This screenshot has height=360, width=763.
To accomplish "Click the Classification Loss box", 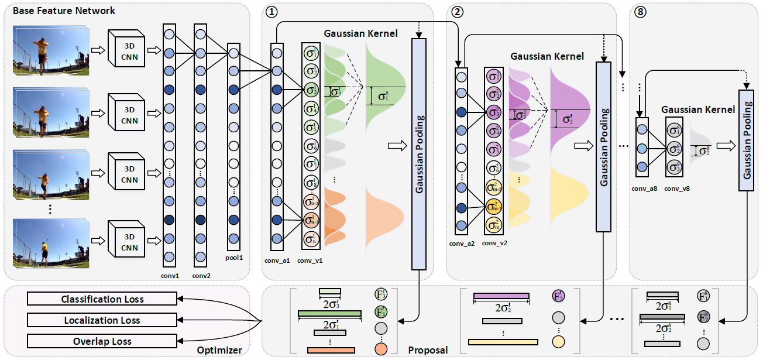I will pyautogui.click(x=102, y=300).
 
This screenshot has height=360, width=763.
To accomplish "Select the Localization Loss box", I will pyautogui.click(x=102, y=321).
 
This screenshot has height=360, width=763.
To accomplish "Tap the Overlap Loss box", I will pyautogui.click(x=102, y=342).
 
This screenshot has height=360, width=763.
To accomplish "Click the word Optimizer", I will pyautogui.click(x=219, y=350).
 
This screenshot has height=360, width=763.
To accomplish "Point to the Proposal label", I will pyautogui.click(x=428, y=350).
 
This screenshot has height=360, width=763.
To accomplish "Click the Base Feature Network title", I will pyautogui.click(x=64, y=11).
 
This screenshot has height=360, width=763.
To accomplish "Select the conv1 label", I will pyautogui.click(x=170, y=273).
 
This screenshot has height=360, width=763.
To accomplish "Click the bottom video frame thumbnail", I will pyautogui.click(x=50, y=241).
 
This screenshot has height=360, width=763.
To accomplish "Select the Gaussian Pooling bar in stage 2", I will pyautogui.click(x=603, y=146).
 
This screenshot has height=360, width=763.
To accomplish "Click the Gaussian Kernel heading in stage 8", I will pyautogui.click(x=698, y=109).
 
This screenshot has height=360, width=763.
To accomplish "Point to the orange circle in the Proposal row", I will pyautogui.click(x=381, y=349).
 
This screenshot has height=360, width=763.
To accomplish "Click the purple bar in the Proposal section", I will pyautogui.click(x=501, y=296).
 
